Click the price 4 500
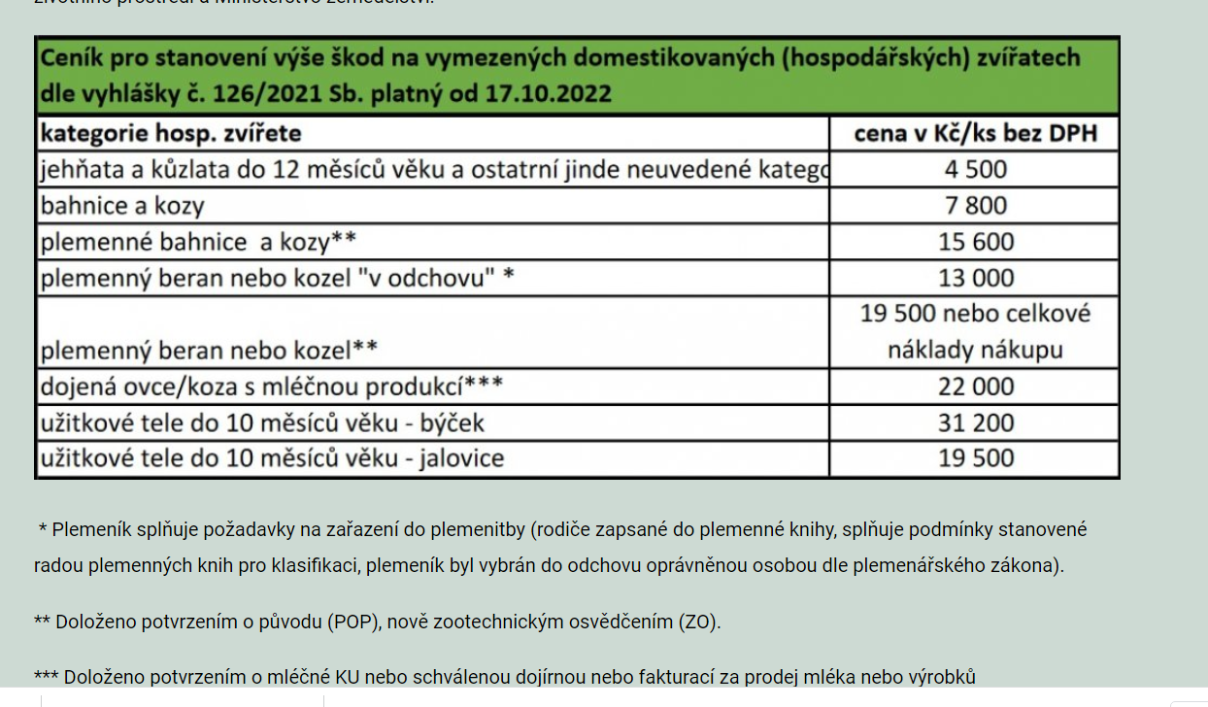975,170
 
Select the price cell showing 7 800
975,206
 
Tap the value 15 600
975,242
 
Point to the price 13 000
975,278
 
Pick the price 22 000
975,387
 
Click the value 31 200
975,422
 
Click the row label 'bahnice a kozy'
122,206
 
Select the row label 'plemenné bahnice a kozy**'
198,242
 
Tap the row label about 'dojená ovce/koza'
271,387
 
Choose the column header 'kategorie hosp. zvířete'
171,133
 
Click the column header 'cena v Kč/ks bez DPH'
975,133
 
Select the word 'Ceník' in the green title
72,58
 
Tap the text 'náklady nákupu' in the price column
975,350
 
